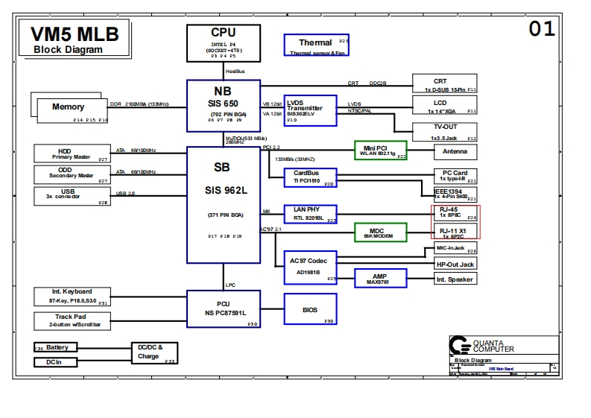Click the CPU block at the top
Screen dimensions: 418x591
point(223,43)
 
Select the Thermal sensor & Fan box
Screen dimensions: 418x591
point(316,45)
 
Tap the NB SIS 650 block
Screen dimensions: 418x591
point(223,101)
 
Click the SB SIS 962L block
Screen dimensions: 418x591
point(223,204)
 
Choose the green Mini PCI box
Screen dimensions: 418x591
point(381,150)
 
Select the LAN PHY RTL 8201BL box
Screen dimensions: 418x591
point(310,214)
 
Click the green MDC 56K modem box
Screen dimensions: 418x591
point(380,232)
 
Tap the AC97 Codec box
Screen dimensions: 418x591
point(310,267)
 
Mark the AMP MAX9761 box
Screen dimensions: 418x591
point(380,279)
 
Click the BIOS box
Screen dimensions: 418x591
point(310,309)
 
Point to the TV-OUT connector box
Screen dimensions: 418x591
point(445,132)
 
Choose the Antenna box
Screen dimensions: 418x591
point(455,151)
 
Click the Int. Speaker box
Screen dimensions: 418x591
point(455,279)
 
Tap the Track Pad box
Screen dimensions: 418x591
point(72,321)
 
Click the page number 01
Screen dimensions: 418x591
point(542,29)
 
